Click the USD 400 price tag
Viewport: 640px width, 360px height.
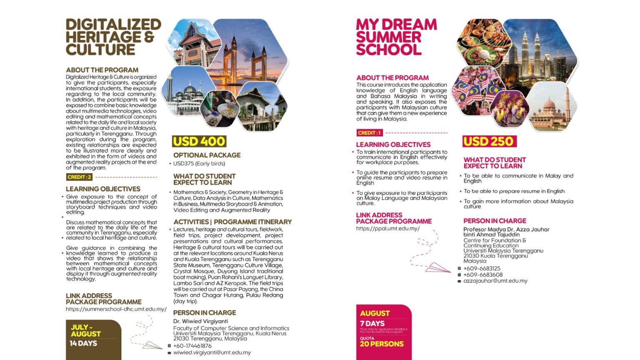point(199,141)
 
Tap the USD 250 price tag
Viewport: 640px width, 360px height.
point(489,141)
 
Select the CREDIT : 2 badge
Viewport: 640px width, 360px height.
point(79,177)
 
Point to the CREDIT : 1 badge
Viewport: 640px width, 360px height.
point(369,133)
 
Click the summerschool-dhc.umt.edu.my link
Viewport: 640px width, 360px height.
point(116,309)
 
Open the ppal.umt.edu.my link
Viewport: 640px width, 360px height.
point(387,228)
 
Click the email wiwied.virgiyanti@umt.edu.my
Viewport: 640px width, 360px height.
point(212,352)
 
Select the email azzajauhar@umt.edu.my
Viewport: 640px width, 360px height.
point(495,281)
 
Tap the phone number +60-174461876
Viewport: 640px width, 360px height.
point(192,346)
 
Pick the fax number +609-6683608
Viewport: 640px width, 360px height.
point(482,275)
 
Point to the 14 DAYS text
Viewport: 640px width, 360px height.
point(83,343)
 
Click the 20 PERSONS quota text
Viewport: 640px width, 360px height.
point(382,344)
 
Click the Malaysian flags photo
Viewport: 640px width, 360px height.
point(473,90)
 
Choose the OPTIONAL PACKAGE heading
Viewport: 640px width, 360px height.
point(207,155)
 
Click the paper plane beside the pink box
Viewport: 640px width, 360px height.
point(437,267)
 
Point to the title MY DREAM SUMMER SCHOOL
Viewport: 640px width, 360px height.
point(396,37)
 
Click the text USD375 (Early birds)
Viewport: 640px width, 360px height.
point(199,163)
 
